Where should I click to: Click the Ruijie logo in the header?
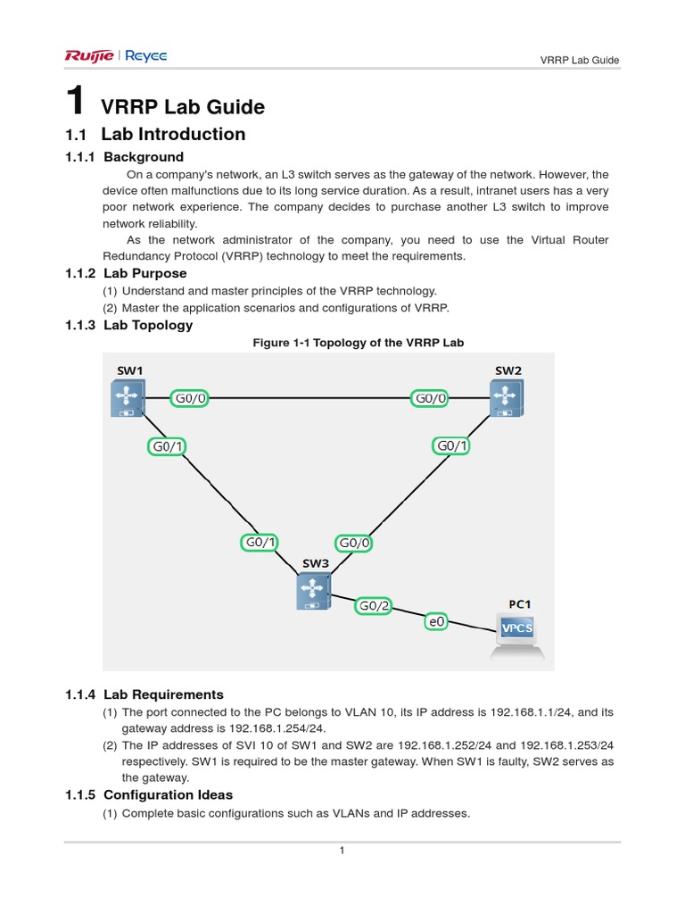(88, 57)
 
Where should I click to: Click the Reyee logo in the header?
(144, 57)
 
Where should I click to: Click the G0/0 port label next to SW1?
(189, 398)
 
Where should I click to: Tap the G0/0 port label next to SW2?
(429, 398)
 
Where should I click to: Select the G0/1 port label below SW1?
(169, 445)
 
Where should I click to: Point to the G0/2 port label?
(375, 606)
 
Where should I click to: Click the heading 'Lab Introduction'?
(173, 135)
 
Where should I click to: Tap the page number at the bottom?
(342, 851)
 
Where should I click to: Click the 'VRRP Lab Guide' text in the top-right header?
(580, 61)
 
